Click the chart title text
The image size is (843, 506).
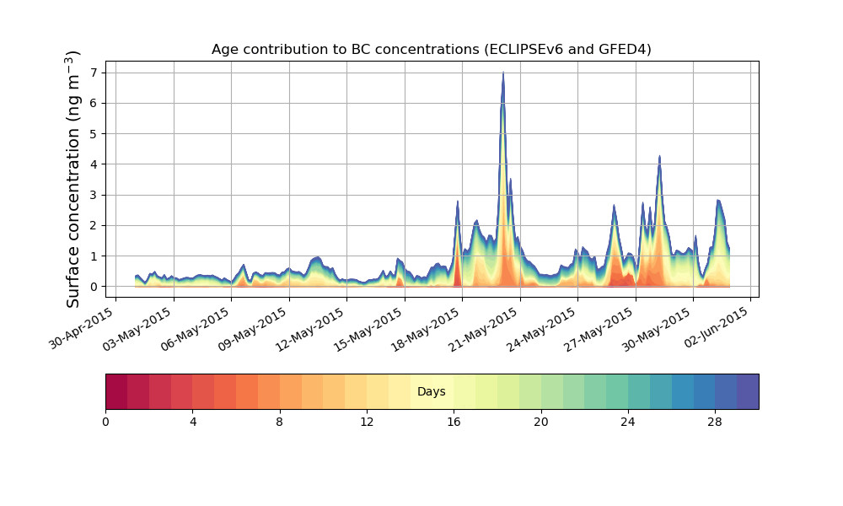pyautogui.click(x=431, y=50)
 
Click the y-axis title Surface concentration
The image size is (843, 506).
pyautogui.click(x=73, y=180)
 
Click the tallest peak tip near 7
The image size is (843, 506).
pyautogui.click(x=503, y=73)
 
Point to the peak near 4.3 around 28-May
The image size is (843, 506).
pyautogui.click(x=659, y=156)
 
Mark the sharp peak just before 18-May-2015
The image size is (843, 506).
pyautogui.click(x=457, y=202)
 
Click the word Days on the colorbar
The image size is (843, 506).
pyautogui.click(x=431, y=392)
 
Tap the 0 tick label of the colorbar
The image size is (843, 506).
pyautogui.click(x=105, y=422)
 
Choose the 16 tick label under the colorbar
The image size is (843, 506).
pyautogui.click(x=454, y=422)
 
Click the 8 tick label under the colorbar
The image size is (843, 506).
pyautogui.click(x=280, y=422)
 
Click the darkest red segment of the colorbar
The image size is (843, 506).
pyautogui.click(x=116, y=391)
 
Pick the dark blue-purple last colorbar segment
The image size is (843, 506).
pyautogui.click(x=748, y=391)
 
